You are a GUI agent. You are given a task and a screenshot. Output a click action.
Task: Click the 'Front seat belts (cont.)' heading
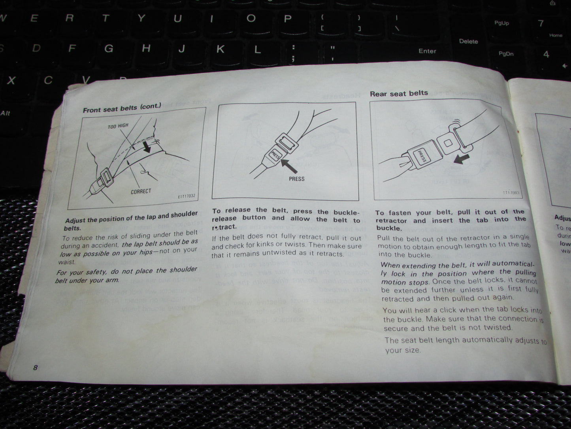tap(122, 108)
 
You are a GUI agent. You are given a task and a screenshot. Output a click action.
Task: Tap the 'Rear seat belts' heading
tap(399, 93)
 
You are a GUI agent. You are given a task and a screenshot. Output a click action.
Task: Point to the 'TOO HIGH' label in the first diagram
tap(118, 126)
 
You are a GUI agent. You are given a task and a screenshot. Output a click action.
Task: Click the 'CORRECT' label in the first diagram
tap(141, 192)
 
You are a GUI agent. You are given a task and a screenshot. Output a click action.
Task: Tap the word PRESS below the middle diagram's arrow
tap(296, 179)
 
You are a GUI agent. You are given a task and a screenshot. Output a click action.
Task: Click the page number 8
tap(35, 368)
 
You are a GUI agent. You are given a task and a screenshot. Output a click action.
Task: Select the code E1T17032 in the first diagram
tap(187, 196)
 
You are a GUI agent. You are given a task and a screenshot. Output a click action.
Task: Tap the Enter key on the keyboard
tap(427, 51)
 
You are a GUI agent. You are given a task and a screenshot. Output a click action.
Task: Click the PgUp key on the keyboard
tap(501, 23)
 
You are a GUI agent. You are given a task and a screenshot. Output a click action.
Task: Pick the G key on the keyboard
tap(109, 49)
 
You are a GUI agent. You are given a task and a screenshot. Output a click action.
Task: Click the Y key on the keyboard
tap(141, 18)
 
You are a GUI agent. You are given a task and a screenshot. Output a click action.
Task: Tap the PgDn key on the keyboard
tap(506, 54)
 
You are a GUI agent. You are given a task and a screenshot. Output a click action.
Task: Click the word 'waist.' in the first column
tap(67, 262)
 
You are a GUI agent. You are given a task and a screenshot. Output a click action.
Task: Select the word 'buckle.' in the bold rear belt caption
tap(388, 228)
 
